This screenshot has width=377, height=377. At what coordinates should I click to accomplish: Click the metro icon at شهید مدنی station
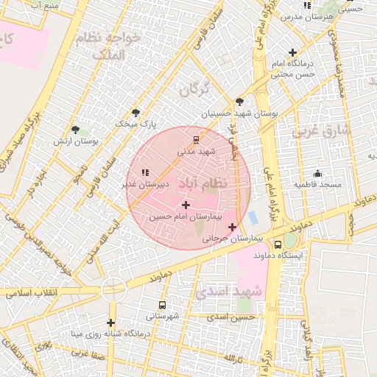(x=196, y=138)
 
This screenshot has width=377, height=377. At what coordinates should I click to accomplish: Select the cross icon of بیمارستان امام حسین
(x=185, y=205)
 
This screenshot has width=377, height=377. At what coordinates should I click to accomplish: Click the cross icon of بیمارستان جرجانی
(x=233, y=227)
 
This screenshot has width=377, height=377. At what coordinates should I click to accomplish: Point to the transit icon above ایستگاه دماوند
(x=278, y=244)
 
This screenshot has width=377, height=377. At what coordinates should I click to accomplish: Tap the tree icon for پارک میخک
(x=135, y=113)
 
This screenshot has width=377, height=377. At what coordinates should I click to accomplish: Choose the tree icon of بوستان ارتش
(x=75, y=130)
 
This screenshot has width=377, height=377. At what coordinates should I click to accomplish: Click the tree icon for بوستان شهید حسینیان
(x=239, y=102)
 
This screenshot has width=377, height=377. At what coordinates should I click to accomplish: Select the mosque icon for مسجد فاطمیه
(x=317, y=172)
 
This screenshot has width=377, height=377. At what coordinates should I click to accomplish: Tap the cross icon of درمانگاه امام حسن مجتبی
(x=293, y=52)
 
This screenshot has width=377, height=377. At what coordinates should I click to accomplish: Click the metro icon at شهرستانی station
(x=162, y=305)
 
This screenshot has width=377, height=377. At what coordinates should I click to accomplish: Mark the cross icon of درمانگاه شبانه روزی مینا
(x=110, y=323)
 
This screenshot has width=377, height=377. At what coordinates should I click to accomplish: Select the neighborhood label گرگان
(x=194, y=89)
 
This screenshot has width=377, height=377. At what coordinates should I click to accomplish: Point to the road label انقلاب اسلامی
(x=32, y=293)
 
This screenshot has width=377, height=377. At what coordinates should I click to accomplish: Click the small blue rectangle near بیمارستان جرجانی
(x=253, y=219)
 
